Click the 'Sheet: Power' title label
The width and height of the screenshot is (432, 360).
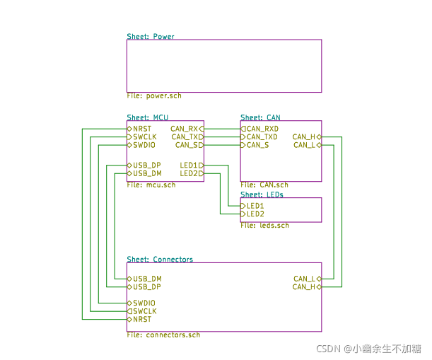(151, 36)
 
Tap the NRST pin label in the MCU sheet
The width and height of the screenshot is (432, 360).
(142, 129)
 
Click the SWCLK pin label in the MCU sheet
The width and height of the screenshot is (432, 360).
(145, 137)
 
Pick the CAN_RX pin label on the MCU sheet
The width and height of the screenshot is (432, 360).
(185, 129)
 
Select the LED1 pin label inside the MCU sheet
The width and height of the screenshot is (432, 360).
(188, 166)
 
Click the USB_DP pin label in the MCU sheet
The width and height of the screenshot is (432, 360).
(147, 166)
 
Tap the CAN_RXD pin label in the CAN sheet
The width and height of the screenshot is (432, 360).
(262, 129)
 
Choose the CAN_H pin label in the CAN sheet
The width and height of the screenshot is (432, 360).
(304, 137)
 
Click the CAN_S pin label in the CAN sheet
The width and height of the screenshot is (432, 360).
(257, 145)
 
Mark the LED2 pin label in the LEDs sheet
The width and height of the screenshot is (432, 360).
(255, 214)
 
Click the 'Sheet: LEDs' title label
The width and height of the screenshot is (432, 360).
(262, 194)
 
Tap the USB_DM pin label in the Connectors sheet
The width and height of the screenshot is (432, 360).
(147, 279)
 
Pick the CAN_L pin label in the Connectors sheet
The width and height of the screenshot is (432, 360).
(304, 279)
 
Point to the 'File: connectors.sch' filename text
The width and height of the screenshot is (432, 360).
(163, 335)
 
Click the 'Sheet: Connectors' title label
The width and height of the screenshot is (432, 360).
(160, 260)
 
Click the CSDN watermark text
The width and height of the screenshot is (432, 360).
(368, 349)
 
